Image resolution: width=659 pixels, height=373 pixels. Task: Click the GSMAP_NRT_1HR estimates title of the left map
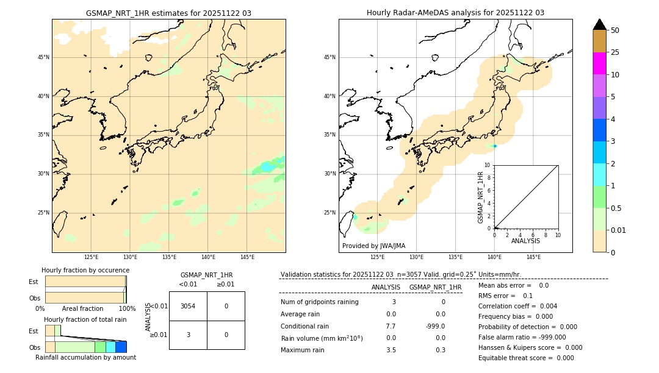(168, 13)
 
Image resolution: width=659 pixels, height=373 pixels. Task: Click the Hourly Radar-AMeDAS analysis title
(455, 13)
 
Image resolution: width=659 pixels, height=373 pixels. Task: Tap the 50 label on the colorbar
(615, 30)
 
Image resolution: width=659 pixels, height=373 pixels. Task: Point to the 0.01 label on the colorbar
(619, 230)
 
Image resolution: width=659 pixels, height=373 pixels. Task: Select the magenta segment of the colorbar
(599, 63)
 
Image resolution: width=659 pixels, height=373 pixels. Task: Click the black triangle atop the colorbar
(599, 24)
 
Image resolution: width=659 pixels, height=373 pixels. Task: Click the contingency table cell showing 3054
(188, 306)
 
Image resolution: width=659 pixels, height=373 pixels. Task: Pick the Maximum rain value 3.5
(391, 350)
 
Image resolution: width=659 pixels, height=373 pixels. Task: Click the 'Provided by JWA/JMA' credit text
(373, 246)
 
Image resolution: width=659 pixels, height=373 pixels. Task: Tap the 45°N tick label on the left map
(43, 57)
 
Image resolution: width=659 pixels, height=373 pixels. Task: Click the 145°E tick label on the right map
(533, 257)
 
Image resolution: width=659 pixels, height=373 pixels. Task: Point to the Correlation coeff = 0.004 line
(517, 306)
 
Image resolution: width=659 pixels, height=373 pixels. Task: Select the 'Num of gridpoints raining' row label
(320, 302)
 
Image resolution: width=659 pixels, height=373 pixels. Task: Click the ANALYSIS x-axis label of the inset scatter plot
(525, 241)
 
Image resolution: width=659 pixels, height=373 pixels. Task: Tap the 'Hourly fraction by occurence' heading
(85, 270)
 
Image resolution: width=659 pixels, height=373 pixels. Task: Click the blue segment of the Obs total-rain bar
(121, 347)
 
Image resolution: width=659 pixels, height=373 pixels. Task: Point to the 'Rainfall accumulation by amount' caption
(85, 357)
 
